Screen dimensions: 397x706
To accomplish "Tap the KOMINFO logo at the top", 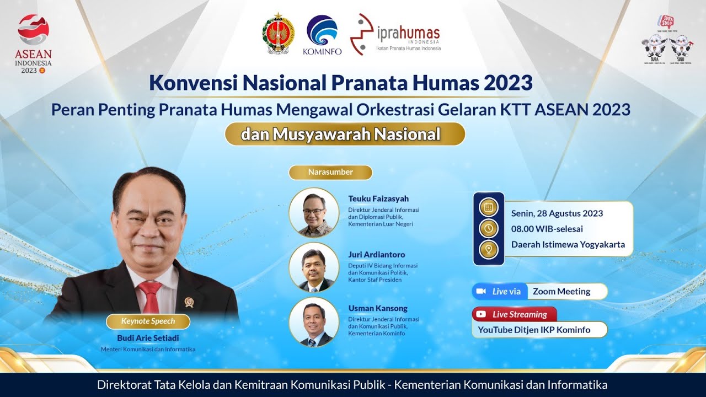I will [x=322, y=34].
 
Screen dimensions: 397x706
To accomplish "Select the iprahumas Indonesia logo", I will [x=395, y=34].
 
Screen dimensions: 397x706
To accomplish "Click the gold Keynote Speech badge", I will [x=148, y=321].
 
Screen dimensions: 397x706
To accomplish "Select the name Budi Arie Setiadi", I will [x=148, y=338].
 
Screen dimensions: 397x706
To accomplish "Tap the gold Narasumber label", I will [x=330, y=172].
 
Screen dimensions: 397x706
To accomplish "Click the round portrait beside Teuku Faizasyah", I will [x=314, y=213].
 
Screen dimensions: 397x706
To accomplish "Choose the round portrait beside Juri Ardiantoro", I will [x=314, y=267].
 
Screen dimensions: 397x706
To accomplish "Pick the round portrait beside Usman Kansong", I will [x=314, y=322].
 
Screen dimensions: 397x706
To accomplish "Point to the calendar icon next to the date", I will [x=488, y=208].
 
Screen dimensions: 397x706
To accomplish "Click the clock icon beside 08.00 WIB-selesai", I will [x=488, y=228].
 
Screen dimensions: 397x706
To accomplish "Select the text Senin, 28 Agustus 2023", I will [x=557, y=213].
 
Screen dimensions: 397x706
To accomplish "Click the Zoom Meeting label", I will [x=561, y=291].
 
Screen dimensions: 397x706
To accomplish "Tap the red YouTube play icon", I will [x=481, y=314].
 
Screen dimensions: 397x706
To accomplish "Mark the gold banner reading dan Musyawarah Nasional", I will [x=345, y=134].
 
